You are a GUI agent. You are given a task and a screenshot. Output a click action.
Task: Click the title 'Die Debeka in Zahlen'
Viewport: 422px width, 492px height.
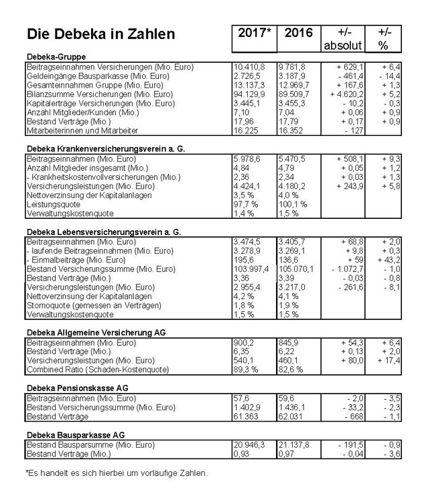tap(100, 34)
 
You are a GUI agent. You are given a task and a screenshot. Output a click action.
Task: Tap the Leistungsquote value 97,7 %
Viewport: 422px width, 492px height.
tap(244, 204)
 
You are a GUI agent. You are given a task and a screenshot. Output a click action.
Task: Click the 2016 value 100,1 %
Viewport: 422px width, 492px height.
tap(291, 204)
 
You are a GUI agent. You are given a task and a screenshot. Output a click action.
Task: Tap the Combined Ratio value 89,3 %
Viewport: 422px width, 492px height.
tap(244, 369)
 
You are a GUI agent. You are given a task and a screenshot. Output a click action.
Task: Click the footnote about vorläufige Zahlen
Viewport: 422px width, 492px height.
tap(117, 473)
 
